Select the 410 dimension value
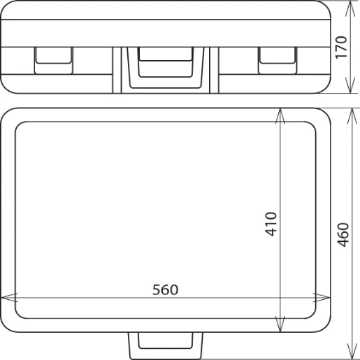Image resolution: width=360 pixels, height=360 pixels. [x=271, y=224]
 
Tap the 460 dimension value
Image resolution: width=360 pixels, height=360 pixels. [x=342, y=234]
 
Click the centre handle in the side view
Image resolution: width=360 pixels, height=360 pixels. [x=166, y=67]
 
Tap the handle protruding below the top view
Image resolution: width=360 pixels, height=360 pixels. [x=166, y=344]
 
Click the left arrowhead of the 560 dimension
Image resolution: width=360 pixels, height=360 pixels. [x=6, y=298]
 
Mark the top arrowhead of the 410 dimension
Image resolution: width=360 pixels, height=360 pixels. [x=281, y=114]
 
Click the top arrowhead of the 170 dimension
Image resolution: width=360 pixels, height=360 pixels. [x=350, y=6]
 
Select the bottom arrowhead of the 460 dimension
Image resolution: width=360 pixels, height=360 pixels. [x=350, y=352]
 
